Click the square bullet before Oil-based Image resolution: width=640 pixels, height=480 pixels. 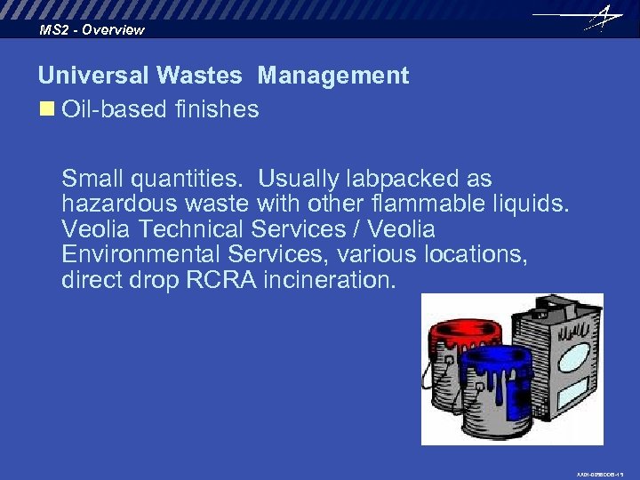coord(45,109)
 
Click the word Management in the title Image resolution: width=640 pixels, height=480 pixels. coord(333,76)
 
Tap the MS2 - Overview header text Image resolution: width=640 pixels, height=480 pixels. coord(92,30)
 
